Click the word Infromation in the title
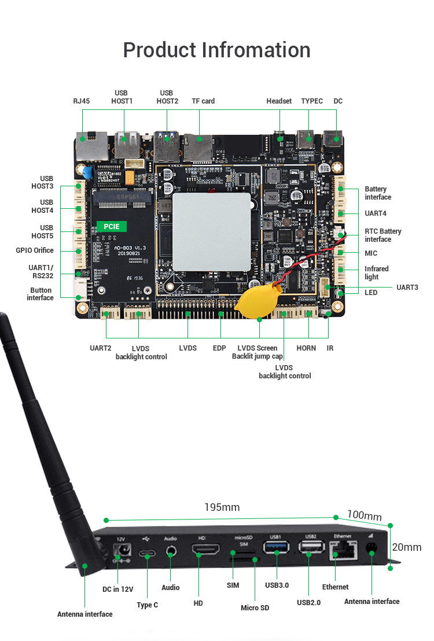coord(256,50)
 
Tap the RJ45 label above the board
coord(82,101)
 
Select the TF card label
coord(203,101)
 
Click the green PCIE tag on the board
coord(111,226)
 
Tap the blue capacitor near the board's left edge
coord(87,172)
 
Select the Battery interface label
coord(377,193)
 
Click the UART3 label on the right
coord(407,287)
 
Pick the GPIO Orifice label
coord(35,250)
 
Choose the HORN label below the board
coord(306,348)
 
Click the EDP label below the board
coord(219,348)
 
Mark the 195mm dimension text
coord(222,507)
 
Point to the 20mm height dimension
coord(406,547)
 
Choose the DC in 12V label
coord(118,590)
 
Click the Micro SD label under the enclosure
coord(255,607)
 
